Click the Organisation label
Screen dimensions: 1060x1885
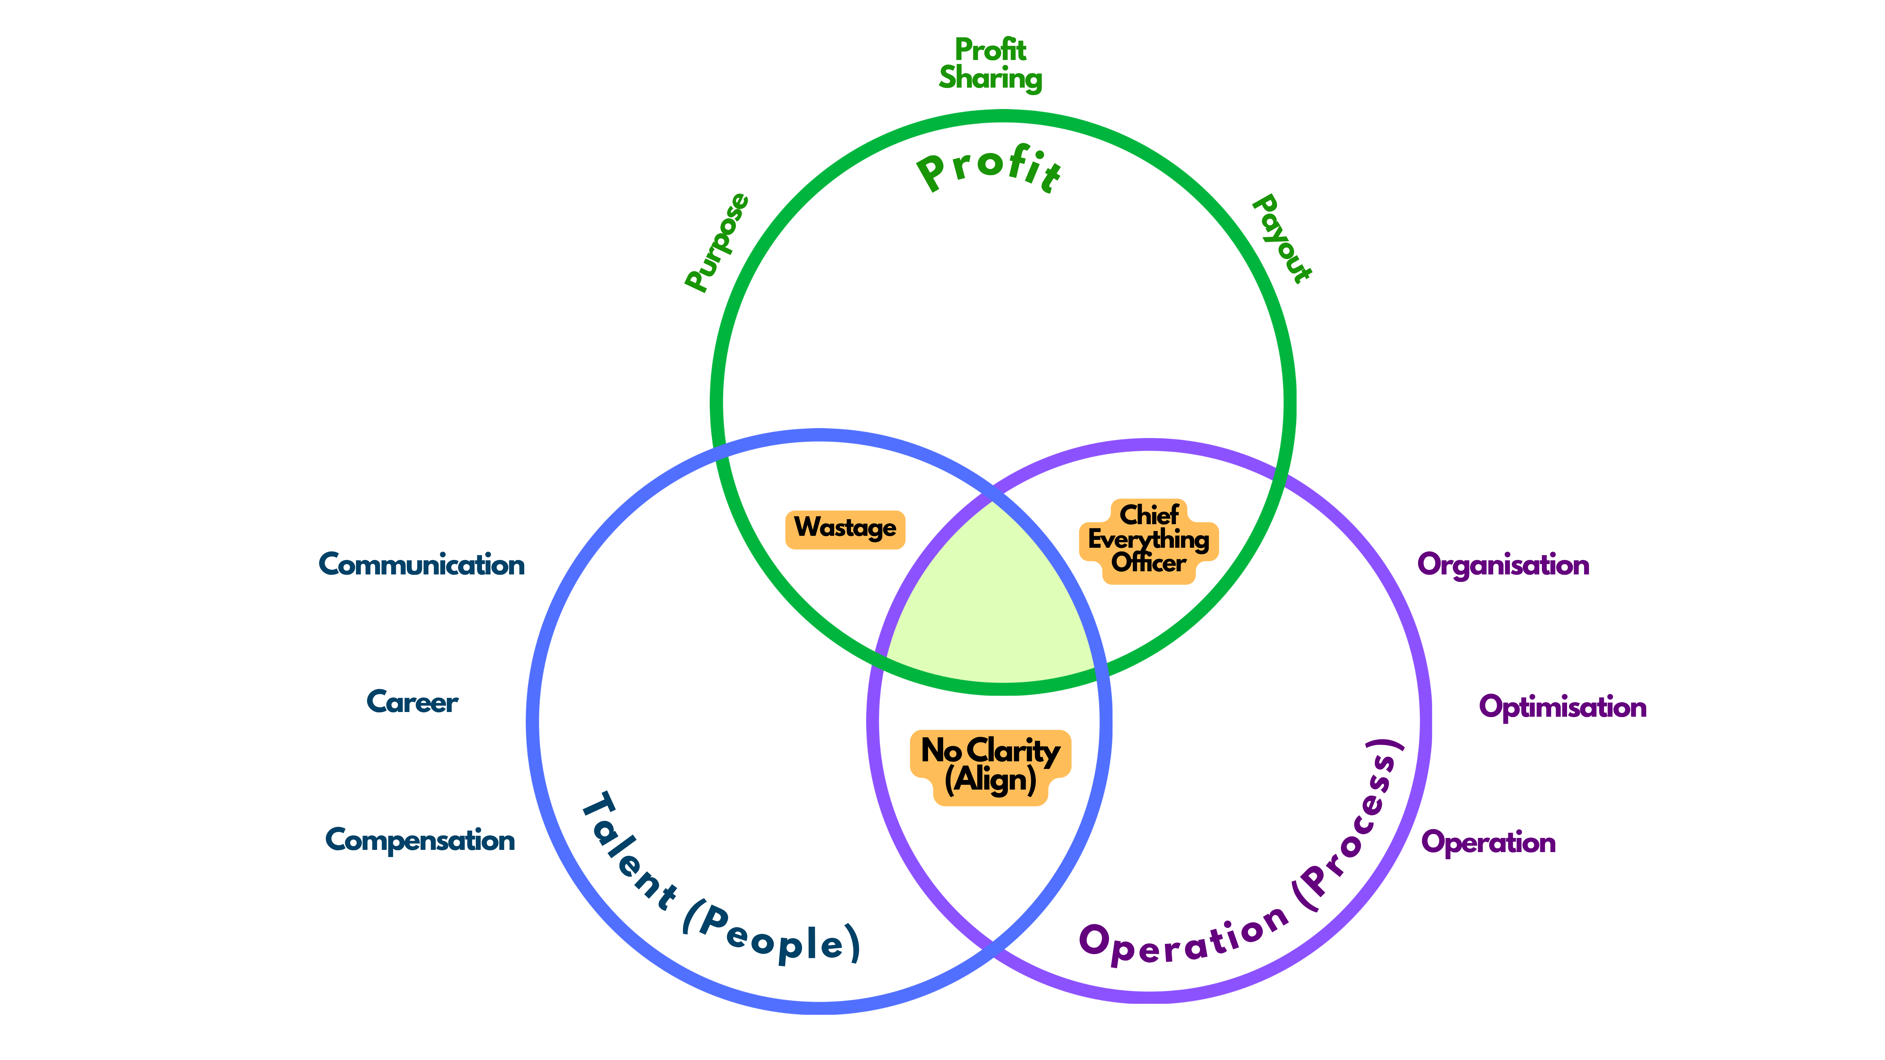(x=1503, y=565)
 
